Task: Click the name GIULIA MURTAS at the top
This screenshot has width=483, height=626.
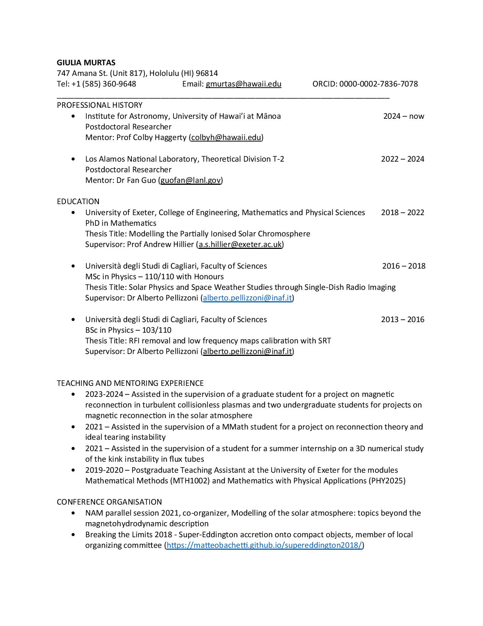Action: coord(86,63)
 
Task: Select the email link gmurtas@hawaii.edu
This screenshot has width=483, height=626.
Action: coord(243,84)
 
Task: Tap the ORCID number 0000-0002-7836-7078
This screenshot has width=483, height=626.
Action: coord(378,84)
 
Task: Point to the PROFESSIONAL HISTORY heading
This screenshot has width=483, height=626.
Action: coord(100,105)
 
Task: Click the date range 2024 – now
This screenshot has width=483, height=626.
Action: coord(403,116)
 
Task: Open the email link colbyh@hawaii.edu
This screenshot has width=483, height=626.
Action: coord(226,137)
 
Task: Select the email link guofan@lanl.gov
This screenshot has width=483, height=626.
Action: coord(191,180)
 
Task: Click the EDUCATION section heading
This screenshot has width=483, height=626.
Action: coord(78,201)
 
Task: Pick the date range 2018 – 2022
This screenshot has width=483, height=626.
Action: coord(402,212)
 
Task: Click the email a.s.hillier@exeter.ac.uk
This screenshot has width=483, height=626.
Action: coord(240,244)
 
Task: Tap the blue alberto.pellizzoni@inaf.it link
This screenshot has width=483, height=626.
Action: coord(247,298)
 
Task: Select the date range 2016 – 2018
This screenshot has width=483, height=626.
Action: coord(403,266)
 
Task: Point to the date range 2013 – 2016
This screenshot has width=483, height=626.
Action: coord(402,319)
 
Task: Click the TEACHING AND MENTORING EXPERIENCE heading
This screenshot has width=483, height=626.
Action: coord(130,383)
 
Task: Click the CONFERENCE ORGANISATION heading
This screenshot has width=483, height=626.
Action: coord(109,502)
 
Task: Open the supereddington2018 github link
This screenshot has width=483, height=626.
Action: coord(264,546)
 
